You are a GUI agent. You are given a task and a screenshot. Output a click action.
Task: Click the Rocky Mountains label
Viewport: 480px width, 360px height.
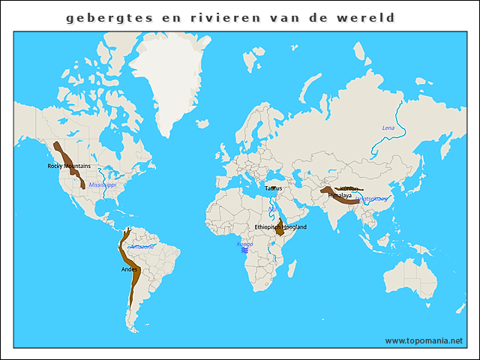(x=68, y=166)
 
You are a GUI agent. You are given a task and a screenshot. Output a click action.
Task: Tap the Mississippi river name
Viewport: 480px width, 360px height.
(x=103, y=184)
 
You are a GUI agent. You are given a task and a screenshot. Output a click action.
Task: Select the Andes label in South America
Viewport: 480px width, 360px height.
(x=129, y=268)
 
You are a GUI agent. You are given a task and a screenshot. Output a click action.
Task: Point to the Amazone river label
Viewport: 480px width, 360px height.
(x=142, y=246)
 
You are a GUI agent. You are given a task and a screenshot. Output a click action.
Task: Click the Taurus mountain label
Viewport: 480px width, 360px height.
(x=273, y=188)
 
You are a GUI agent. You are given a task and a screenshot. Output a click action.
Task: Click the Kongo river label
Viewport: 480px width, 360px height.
(x=245, y=244)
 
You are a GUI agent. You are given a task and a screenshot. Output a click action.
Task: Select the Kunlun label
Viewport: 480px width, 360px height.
(x=349, y=189)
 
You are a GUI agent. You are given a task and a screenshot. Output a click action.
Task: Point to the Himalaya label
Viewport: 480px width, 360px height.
(x=340, y=195)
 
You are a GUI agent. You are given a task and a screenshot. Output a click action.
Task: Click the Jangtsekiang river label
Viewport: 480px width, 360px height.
(x=372, y=199)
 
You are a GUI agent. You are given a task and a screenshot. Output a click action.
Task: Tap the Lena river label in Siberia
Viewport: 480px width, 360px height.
(x=388, y=128)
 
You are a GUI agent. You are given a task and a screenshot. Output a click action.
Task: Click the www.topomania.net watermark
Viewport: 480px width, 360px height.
(x=424, y=340)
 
